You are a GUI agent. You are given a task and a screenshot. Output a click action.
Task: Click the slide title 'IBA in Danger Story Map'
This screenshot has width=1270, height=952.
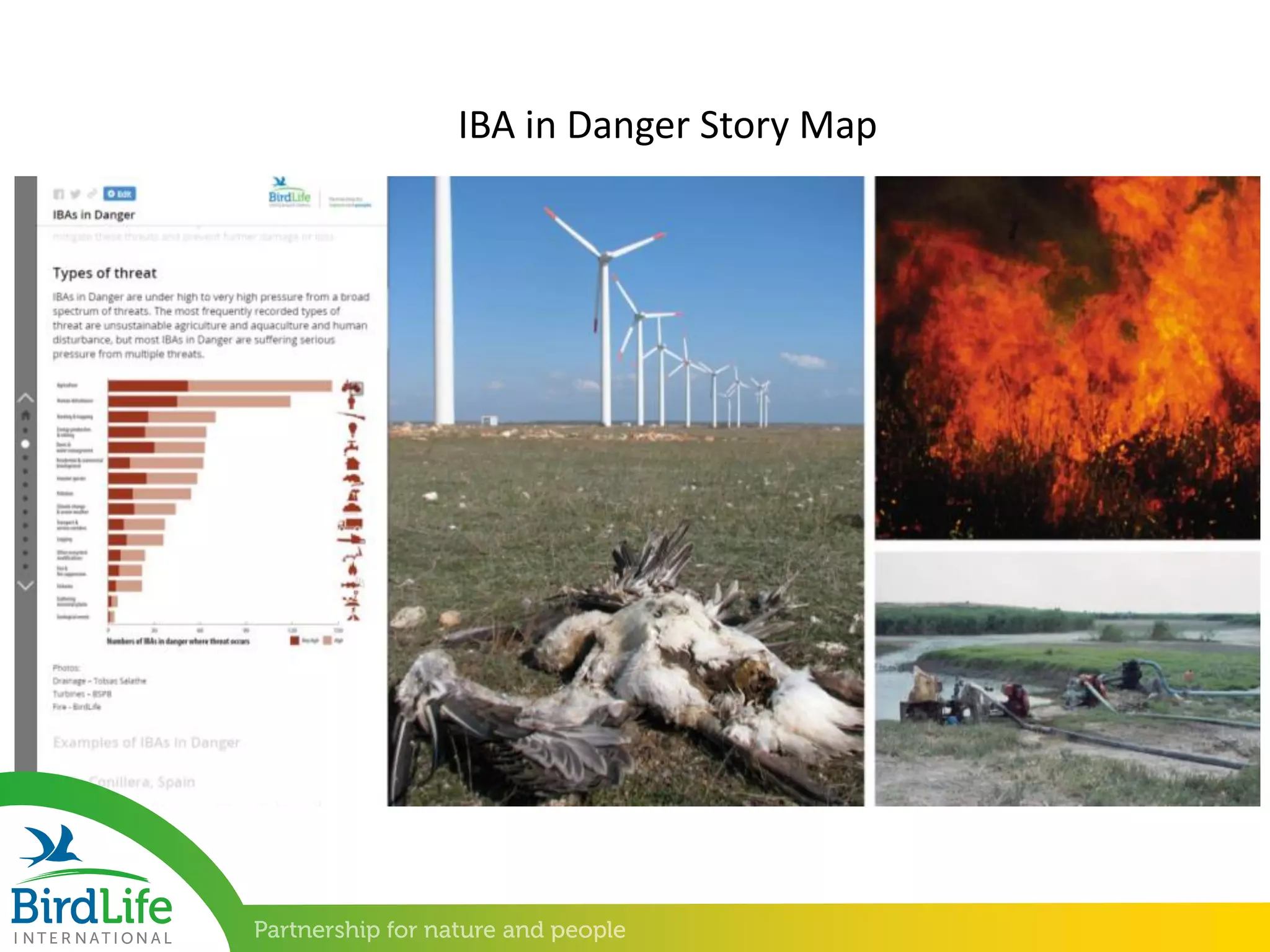(x=667, y=125)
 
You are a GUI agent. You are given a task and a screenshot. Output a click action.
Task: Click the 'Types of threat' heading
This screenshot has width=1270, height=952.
(x=105, y=273)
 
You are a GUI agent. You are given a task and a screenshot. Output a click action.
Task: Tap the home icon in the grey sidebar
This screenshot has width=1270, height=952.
(x=25, y=415)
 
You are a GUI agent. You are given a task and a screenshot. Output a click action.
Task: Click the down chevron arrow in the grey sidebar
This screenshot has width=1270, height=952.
(x=25, y=586)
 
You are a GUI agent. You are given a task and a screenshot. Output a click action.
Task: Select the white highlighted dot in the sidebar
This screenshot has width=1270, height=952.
(x=25, y=444)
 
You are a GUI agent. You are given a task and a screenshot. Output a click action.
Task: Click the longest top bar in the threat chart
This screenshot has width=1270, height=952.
(x=220, y=386)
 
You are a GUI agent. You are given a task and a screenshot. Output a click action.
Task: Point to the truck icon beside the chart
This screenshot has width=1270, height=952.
(x=351, y=524)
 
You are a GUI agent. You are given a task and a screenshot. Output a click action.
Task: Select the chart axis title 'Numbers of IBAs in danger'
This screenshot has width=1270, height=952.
(x=178, y=641)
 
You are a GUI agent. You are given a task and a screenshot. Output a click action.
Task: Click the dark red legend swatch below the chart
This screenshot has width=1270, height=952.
(x=295, y=640)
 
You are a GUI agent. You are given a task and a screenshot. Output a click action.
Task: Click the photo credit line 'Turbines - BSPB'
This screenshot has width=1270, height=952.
(x=82, y=694)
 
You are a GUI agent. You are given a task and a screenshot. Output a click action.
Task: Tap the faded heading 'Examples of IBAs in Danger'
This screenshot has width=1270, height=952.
(x=146, y=743)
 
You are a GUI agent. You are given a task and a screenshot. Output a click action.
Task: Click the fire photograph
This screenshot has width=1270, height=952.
(x=1067, y=357)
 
